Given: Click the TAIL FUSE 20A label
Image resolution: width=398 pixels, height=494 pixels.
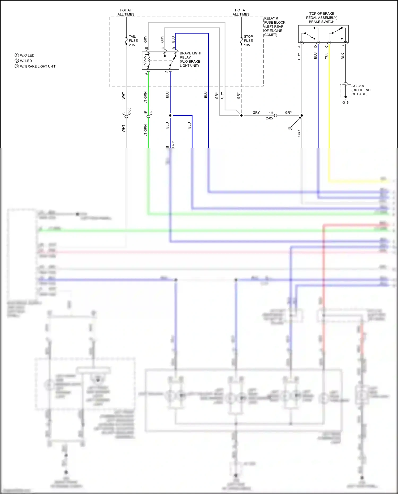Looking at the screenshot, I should pyautogui.click(x=133, y=41).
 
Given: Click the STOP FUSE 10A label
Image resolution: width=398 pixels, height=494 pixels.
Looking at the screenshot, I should pyautogui.click(x=248, y=41).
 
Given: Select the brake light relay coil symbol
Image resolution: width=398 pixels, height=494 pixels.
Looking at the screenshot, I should pyautogui.click(x=146, y=61).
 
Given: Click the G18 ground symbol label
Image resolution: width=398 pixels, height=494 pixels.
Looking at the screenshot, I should pyautogui.click(x=345, y=102).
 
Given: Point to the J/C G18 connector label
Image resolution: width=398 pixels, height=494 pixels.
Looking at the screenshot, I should pyautogui.click(x=361, y=90).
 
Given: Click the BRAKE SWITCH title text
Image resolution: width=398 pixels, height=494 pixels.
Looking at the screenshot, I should pyautogui.click(x=321, y=22).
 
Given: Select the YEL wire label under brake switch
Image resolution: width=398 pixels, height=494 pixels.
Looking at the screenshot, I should pyautogui.click(x=326, y=56).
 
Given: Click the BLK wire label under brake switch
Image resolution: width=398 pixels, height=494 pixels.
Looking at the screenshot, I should pyautogui.click(x=343, y=56).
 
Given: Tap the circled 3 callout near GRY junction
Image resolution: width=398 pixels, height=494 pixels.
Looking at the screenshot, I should pyautogui.click(x=290, y=128).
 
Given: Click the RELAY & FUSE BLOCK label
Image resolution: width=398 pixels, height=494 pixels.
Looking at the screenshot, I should pyautogui.click(x=274, y=26).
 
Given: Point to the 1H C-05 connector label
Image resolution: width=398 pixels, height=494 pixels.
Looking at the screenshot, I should pyautogui.click(x=270, y=115).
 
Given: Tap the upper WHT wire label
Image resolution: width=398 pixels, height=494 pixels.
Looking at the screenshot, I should pyautogui.click(x=123, y=96).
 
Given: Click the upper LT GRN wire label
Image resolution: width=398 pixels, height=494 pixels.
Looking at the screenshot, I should pyautogui.click(x=145, y=97).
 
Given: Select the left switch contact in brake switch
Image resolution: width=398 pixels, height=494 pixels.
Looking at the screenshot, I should pyautogui.click(x=309, y=36).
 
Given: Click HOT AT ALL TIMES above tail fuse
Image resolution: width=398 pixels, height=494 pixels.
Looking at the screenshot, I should pyautogui.click(x=126, y=12).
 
